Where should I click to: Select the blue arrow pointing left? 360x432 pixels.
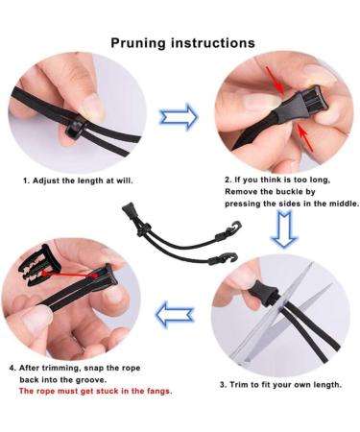click(x=176, y=313)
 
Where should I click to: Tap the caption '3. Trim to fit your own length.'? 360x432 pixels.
click(x=279, y=384)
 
